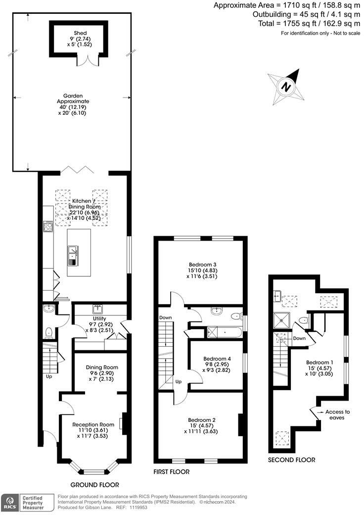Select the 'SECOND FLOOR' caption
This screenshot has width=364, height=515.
pyautogui.click(x=292, y=460)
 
